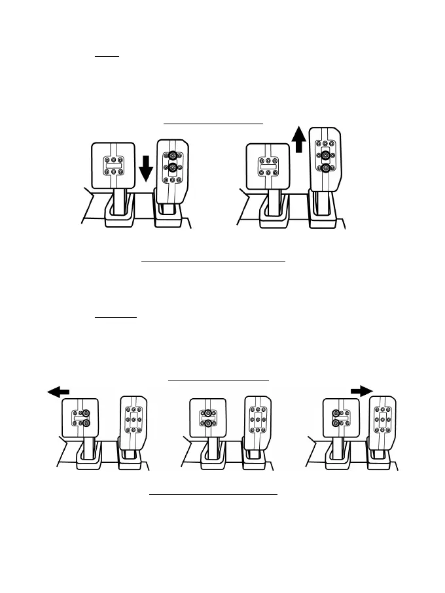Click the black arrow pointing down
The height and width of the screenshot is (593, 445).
146,169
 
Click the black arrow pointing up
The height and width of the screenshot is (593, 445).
298,140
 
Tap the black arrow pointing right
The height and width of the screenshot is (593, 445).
360,390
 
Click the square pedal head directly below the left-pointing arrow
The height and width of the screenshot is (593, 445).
80,420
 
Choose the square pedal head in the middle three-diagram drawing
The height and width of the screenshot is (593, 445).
207,420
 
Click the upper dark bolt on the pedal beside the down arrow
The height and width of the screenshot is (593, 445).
173,156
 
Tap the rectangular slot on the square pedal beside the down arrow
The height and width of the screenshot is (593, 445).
114,165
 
